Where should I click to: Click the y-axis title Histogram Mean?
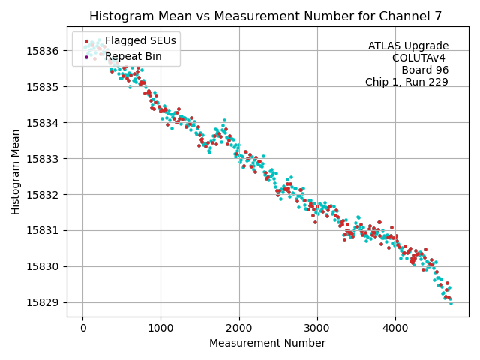tap(16, 172)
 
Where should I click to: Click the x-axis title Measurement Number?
tap(267, 343)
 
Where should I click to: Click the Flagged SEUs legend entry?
tap(130, 40)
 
